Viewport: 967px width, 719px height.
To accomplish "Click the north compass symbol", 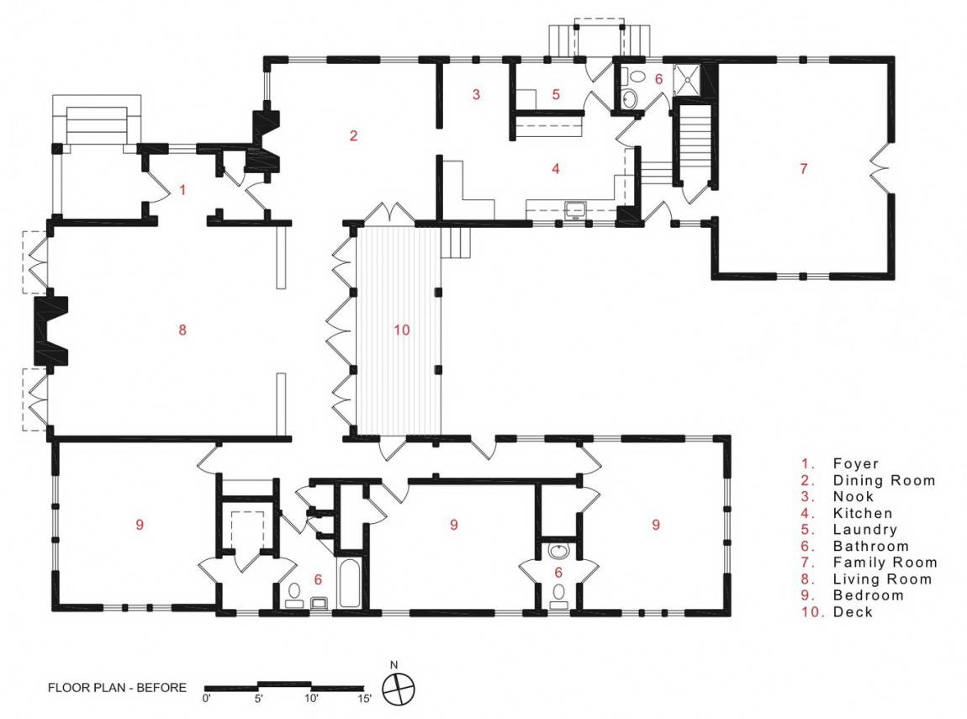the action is [399, 688].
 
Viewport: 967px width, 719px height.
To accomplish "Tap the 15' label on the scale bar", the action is [364, 699].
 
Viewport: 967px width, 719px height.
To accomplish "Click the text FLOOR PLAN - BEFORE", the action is [117, 688].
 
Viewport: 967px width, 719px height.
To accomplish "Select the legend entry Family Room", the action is [885, 563].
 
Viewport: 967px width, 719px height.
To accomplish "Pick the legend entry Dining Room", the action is [884, 480].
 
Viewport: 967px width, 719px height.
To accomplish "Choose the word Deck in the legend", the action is [853, 611].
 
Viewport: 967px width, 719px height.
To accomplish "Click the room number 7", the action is [803, 168].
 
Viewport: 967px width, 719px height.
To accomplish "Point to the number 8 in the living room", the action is [182, 330].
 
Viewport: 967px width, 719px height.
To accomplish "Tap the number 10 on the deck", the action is [401, 330].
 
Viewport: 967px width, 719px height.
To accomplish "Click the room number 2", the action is [353, 135].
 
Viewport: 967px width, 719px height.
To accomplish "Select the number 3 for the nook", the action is [476, 94].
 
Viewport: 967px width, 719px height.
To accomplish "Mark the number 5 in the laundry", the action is [556, 94].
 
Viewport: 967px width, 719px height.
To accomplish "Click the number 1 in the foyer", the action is [182, 189].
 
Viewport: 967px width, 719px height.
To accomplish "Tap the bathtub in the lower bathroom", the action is [349, 583].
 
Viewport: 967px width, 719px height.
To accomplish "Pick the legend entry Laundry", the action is [864, 530].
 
